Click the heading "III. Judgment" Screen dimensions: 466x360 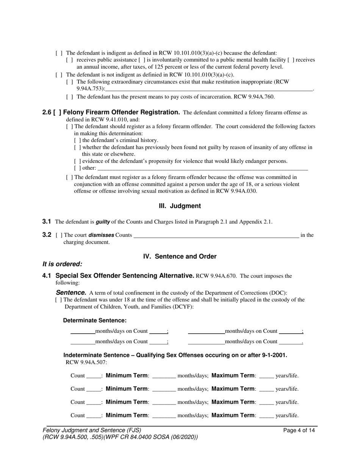tap(180, 206)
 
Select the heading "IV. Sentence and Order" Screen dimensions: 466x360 tap(180, 256)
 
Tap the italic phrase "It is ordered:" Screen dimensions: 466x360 tap(62, 264)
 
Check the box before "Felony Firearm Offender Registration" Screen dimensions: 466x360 tap(57, 113)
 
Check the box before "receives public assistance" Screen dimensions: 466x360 tap(70, 60)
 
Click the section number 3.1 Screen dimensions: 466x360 tap(47, 222)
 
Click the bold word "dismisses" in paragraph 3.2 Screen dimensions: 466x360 tap(101, 235)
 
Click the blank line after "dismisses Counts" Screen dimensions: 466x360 tap(216, 235)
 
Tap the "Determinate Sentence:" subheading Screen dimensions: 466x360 tap(95, 321)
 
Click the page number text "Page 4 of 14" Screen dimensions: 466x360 tap(299, 430)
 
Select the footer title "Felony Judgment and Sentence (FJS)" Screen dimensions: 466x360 tap(92, 430)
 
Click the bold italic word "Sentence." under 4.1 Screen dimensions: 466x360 tap(71, 292)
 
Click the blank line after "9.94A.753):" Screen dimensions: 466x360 tap(209, 89)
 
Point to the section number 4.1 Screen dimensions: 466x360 tap(47, 276)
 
